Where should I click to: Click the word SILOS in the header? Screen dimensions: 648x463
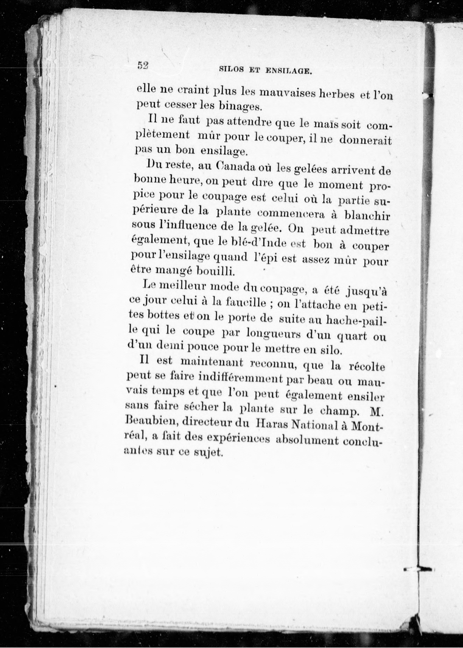coord(231,70)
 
